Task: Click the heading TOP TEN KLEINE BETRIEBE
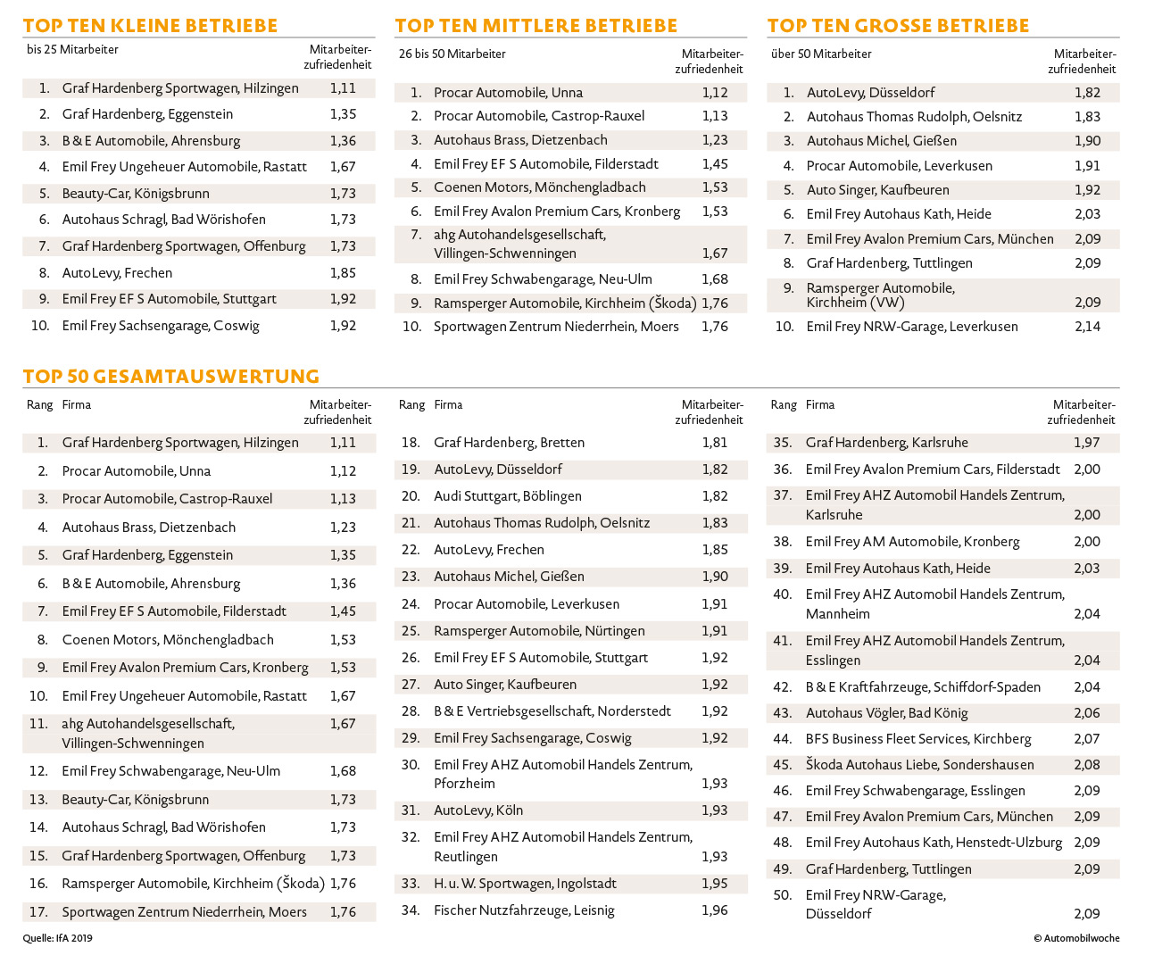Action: point(150,26)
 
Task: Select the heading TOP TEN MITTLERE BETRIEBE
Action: point(535,26)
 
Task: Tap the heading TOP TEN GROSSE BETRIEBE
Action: point(898,26)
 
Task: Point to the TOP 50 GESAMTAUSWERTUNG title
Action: point(171,377)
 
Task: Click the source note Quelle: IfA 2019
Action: point(58,938)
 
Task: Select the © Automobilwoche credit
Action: point(1076,938)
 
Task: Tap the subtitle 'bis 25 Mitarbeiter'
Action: point(72,50)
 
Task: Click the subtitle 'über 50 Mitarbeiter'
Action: point(821,54)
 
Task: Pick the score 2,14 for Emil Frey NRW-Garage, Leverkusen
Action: point(1087,327)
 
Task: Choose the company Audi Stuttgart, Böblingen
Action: point(507,496)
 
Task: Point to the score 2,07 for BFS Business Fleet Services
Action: point(1087,739)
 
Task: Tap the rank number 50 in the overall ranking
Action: point(782,895)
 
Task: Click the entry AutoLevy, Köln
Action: point(478,810)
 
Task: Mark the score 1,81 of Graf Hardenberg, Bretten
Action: point(714,443)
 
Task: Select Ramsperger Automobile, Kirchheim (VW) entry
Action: point(880,295)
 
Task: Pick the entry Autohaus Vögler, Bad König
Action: point(886,713)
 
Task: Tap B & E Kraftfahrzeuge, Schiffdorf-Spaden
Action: point(923,687)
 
